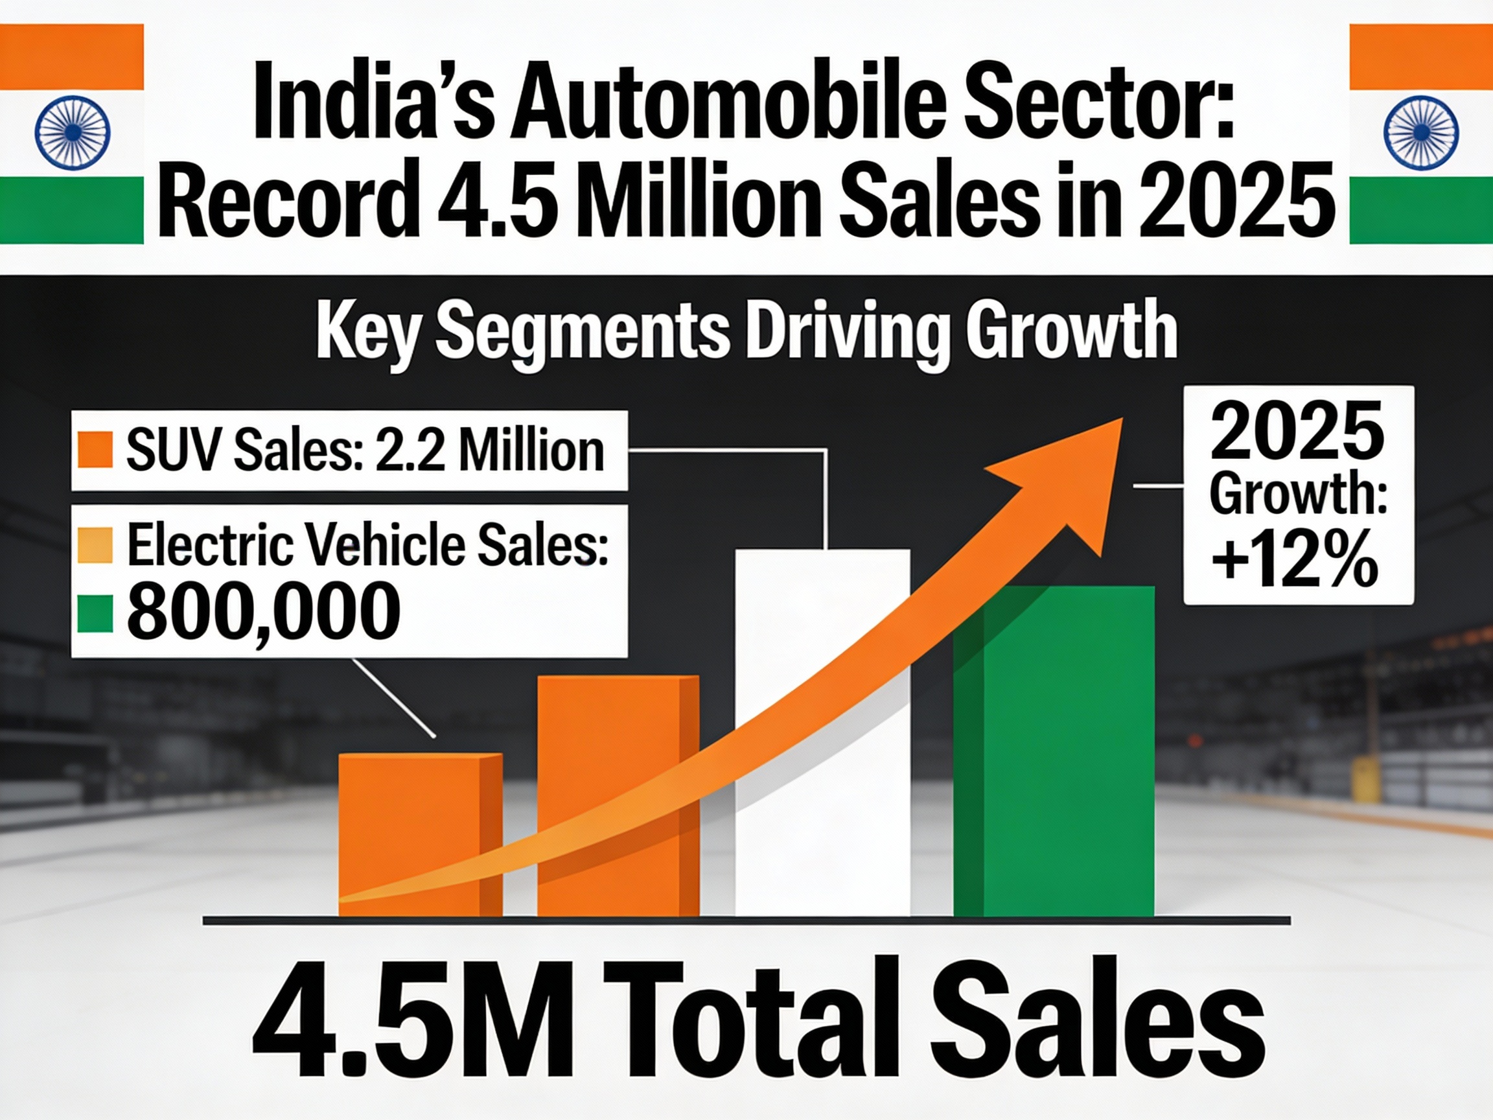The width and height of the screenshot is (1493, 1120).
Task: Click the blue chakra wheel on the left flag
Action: click(72, 133)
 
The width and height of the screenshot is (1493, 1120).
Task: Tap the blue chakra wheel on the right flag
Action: click(1421, 133)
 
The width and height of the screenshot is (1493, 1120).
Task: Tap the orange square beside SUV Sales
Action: click(95, 450)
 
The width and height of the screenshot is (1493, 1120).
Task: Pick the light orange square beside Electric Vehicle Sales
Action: click(95, 546)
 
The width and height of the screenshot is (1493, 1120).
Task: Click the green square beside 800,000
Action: click(95, 615)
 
